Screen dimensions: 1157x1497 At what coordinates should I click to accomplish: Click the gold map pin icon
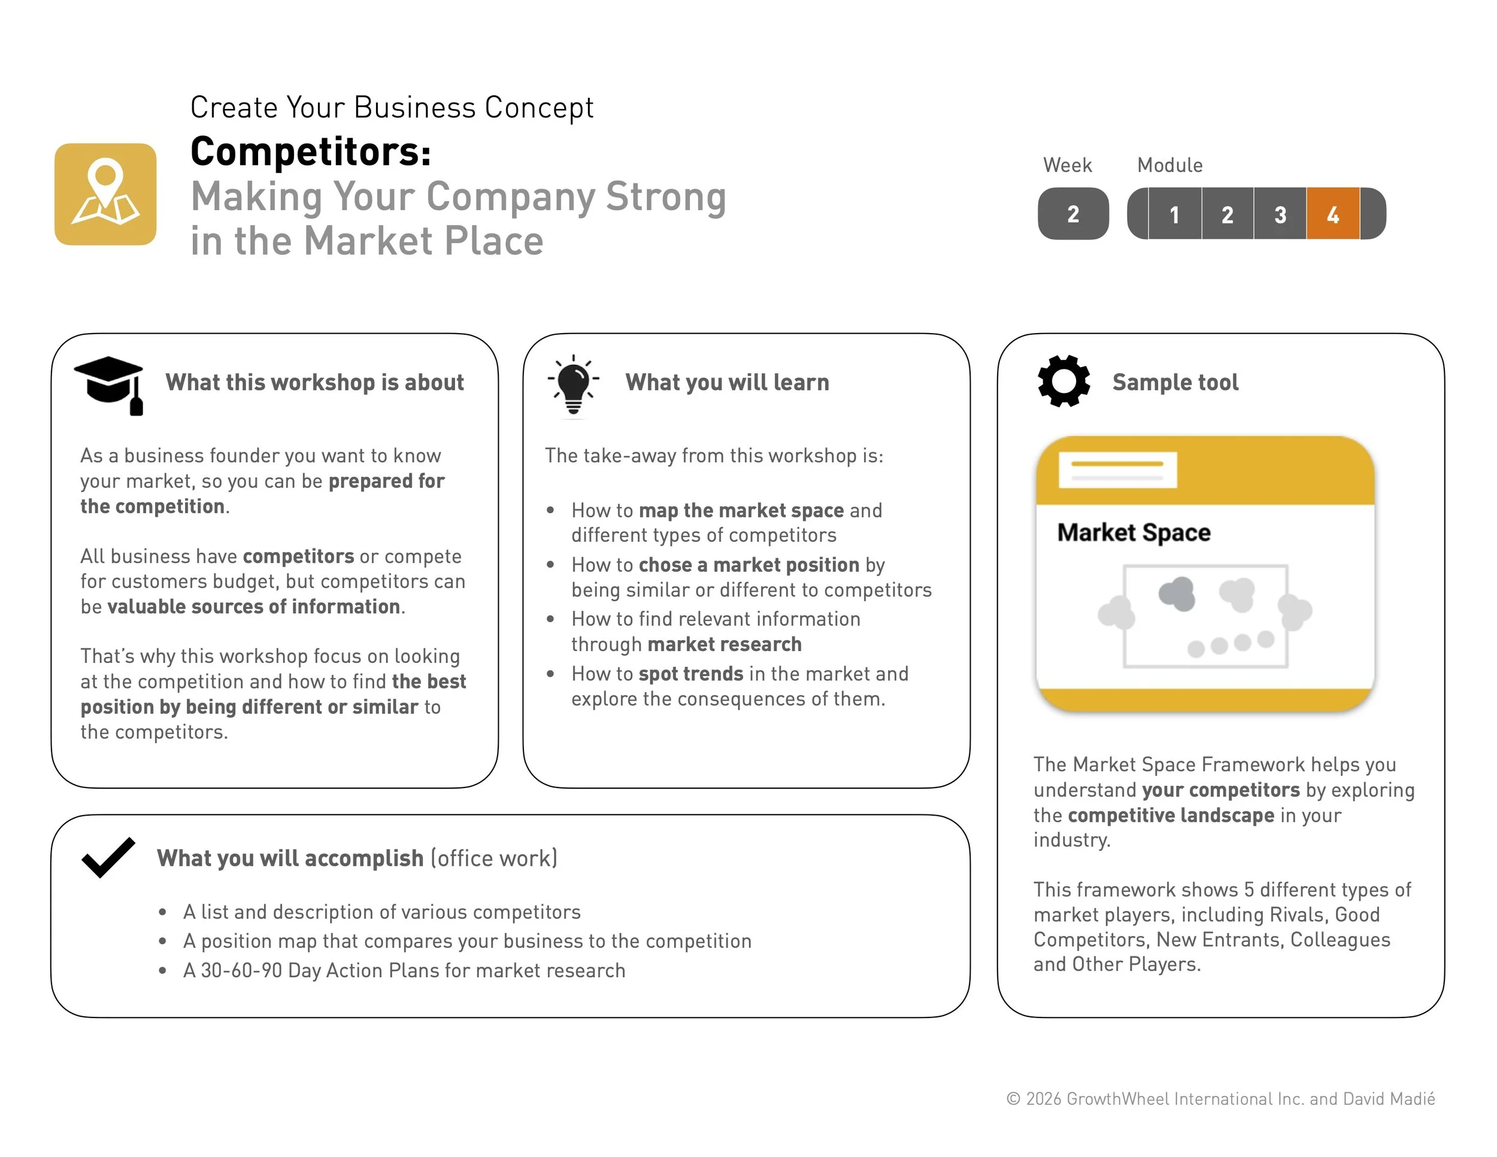pyautogui.click(x=105, y=194)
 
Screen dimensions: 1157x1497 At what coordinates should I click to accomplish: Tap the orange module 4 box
pyautogui.click(x=1332, y=214)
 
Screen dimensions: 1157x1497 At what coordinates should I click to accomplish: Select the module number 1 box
pyautogui.click(x=1174, y=214)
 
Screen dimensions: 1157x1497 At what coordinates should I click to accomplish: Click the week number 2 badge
pyautogui.click(x=1072, y=214)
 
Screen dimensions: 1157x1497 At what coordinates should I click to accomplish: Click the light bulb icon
pyautogui.click(x=573, y=384)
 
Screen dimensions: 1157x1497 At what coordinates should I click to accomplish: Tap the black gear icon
pyautogui.click(x=1063, y=381)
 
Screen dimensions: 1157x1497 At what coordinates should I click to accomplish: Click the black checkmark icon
pyautogui.click(x=108, y=857)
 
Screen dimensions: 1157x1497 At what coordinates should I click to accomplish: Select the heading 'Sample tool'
pyautogui.click(x=1175, y=383)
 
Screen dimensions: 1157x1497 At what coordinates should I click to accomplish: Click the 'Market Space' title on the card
pyautogui.click(x=1134, y=532)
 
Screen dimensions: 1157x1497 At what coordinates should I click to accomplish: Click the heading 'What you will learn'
pyautogui.click(x=726, y=383)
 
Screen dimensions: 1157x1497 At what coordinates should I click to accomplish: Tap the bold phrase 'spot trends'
pyautogui.click(x=690, y=674)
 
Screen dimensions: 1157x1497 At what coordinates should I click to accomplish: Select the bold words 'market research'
pyautogui.click(x=724, y=644)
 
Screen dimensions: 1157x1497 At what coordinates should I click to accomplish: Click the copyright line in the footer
pyautogui.click(x=1220, y=1099)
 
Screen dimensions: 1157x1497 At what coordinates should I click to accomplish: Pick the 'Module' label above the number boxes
pyautogui.click(x=1169, y=165)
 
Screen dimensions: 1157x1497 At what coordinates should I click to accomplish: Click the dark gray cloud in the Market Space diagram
pyautogui.click(x=1177, y=593)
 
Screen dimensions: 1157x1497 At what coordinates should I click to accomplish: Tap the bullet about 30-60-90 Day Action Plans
pyautogui.click(x=404, y=971)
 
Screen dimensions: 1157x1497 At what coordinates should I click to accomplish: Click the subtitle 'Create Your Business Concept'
pyautogui.click(x=392, y=108)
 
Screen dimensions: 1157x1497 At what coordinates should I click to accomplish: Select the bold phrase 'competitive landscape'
pyautogui.click(x=1171, y=815)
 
